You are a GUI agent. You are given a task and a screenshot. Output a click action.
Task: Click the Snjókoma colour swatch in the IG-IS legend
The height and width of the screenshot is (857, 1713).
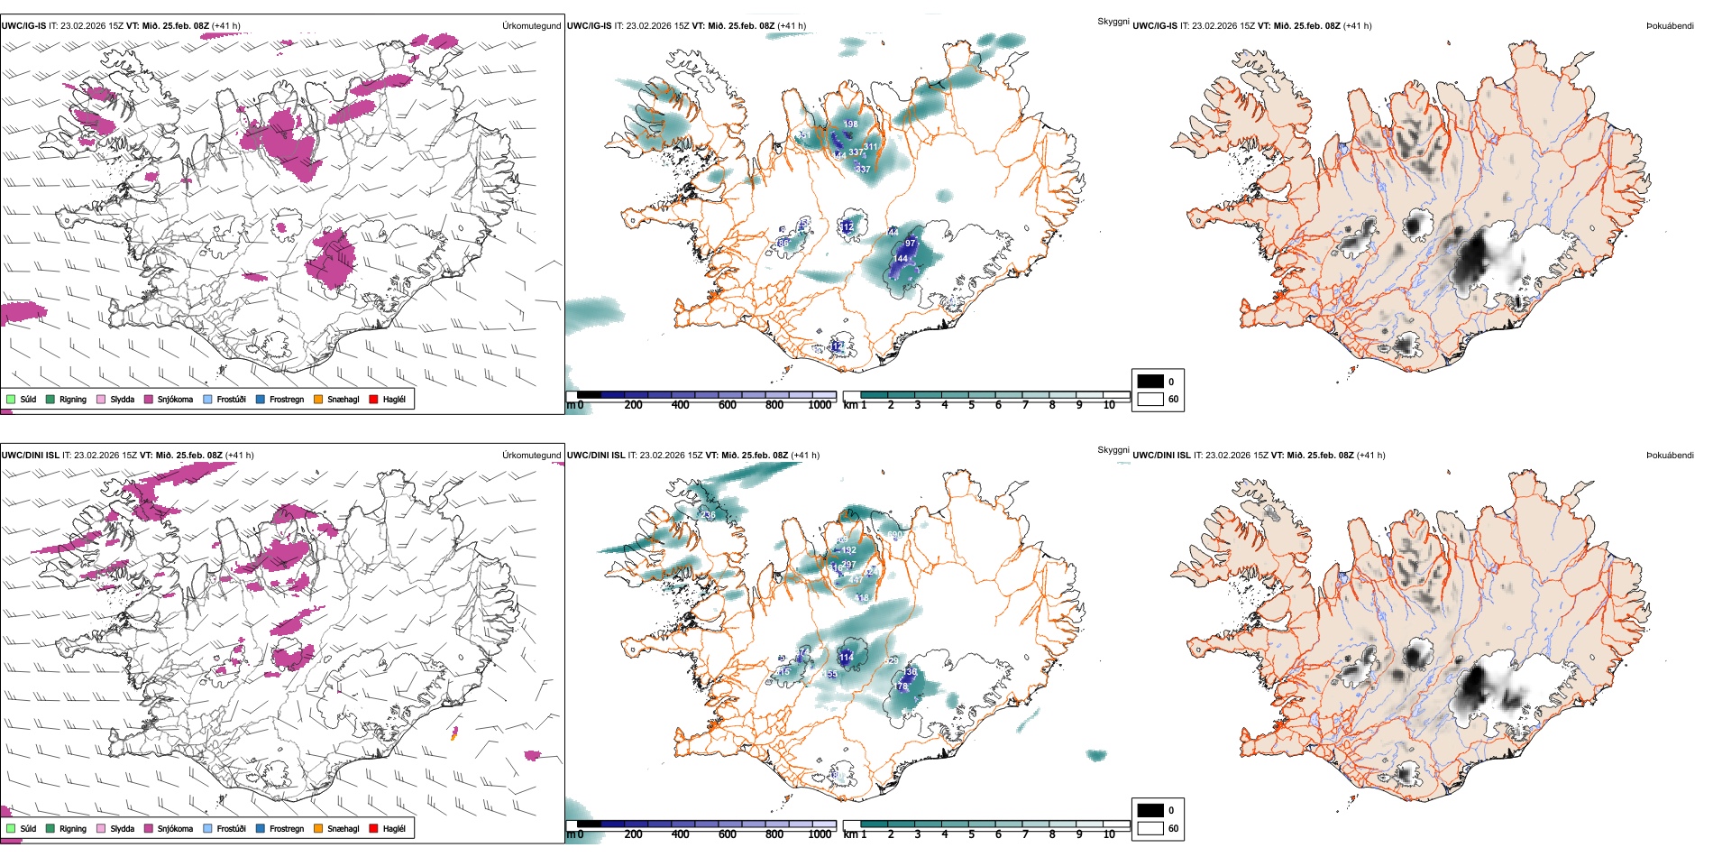point(149,399)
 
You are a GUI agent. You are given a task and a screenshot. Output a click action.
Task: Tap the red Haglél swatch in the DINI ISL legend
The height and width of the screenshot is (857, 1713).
point(373,828)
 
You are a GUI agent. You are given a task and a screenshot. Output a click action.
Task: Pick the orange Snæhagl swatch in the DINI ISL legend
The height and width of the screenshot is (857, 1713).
point(318,828)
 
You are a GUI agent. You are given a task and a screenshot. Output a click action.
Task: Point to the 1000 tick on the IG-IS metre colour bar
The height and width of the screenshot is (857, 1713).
point(820,405)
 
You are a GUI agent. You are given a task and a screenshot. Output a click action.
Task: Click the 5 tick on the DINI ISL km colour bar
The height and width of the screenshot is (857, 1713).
point(971,834)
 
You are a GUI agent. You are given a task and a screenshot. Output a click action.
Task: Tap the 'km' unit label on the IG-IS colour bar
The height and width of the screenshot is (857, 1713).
point(850,405)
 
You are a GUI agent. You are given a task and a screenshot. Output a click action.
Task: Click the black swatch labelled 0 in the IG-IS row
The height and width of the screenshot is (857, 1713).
point(1150,381)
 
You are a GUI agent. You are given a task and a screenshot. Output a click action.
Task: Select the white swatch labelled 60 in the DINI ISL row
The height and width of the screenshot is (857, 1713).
point(1150,828)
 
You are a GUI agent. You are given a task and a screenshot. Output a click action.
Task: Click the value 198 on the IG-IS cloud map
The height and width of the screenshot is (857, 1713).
point(850,124)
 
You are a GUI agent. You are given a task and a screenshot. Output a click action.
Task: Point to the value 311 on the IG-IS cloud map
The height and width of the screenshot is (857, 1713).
point(870,146)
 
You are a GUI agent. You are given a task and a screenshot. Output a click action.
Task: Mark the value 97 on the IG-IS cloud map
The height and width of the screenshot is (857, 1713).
point(910,244)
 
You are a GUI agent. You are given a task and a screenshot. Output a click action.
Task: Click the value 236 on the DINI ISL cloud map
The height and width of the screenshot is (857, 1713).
point(708,515)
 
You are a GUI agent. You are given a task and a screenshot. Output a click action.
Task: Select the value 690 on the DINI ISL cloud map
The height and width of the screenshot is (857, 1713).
point(893,535)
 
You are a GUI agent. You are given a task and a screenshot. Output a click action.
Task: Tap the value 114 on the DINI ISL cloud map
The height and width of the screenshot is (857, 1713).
point(846,657)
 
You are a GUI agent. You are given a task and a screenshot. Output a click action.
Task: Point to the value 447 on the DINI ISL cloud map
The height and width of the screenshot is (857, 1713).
point(856,579)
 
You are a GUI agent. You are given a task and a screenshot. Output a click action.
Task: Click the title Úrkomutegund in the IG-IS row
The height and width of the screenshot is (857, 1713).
point(531,26)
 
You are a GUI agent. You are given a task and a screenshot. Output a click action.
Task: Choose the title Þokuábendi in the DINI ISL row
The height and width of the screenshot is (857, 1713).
point(1670,456)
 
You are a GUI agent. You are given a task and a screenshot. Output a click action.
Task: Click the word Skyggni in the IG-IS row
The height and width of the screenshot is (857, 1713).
point(1113,21)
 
